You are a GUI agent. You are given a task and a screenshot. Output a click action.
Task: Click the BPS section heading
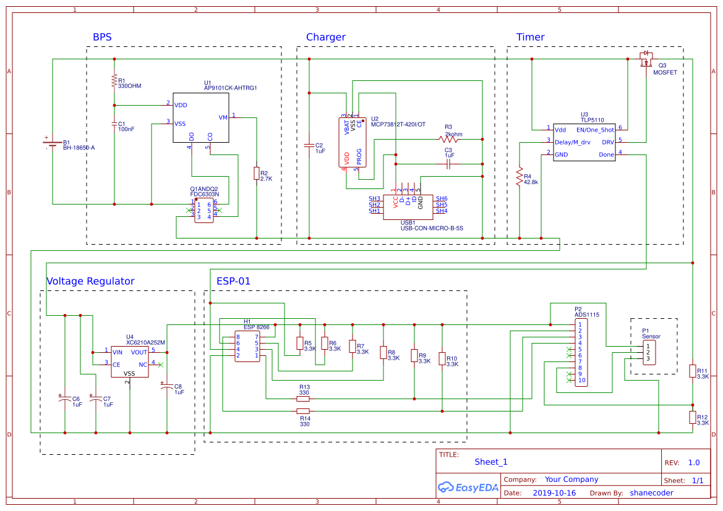coord(102,37)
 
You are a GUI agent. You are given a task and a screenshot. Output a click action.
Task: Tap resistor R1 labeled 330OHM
coord(114,80)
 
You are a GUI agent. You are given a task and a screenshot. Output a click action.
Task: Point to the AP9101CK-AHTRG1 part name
coord(230,88)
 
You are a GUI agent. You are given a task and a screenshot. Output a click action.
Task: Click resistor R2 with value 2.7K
coord(256,174)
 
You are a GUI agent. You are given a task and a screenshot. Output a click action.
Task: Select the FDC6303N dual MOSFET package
coord(204,211)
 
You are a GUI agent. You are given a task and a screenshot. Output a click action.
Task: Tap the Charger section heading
coord(325,37)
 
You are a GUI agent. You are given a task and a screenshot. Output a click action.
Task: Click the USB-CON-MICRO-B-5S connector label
coord(431,228)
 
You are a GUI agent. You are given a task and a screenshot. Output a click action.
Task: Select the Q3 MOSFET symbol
coord(646,60)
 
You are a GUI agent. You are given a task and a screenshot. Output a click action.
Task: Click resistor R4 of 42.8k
coord(520,176)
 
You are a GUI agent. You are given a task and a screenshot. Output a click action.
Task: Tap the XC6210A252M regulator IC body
coord(129,361)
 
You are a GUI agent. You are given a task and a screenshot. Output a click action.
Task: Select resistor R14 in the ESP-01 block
coord(303,411)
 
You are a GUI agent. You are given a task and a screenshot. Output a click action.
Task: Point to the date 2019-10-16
coord(554,493)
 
